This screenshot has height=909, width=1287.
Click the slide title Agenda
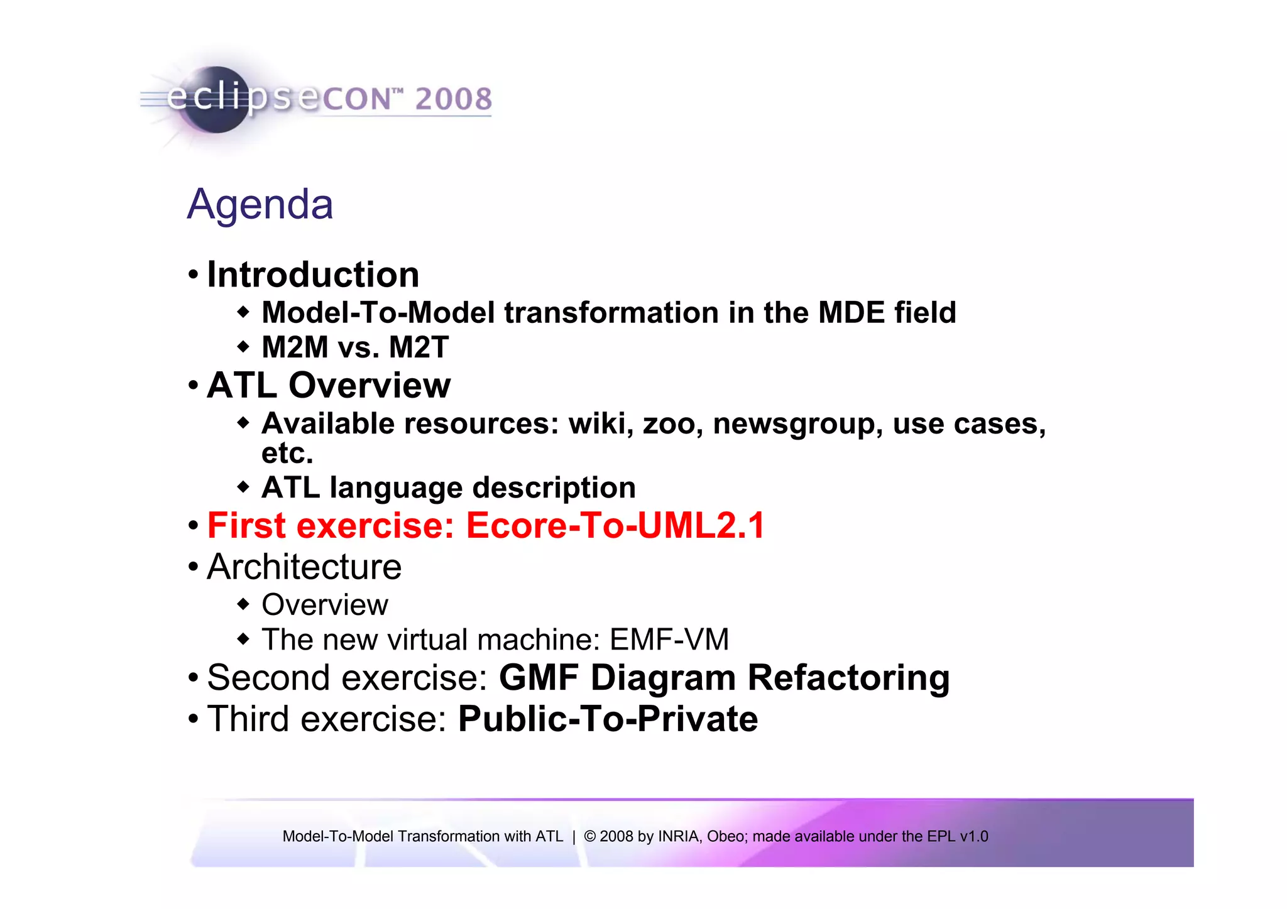coord(260,205)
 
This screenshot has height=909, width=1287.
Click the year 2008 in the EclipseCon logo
coord(453,99)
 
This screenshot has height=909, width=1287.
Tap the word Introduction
coord(313,275)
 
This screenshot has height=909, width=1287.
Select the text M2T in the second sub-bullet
coord(419,347)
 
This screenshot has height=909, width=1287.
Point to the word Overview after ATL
coord(370,386)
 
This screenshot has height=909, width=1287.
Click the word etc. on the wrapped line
coord(287,453)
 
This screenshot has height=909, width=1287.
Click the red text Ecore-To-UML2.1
coord(615,526)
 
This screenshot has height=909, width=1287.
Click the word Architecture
coord(304,567)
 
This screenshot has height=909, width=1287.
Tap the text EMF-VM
coord(669,640)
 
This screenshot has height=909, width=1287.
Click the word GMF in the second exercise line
coord(539,678)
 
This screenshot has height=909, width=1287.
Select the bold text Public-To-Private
coord(608,719)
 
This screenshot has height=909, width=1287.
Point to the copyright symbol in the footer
coord(589,837)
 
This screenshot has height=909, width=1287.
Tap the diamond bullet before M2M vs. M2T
coord(243,347)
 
